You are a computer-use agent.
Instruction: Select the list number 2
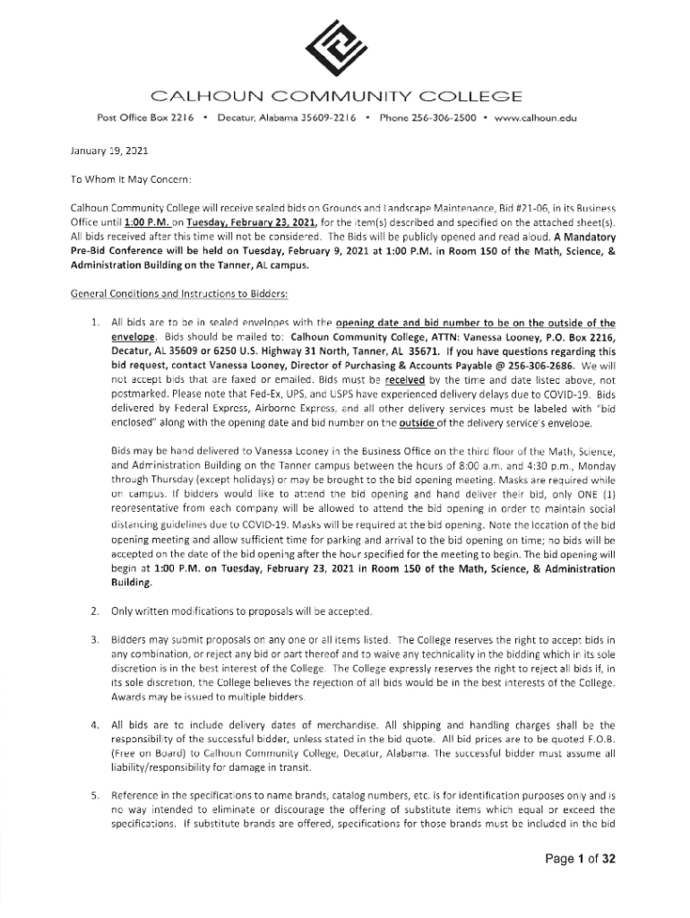(94, 611)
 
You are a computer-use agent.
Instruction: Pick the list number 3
(94, 639)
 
